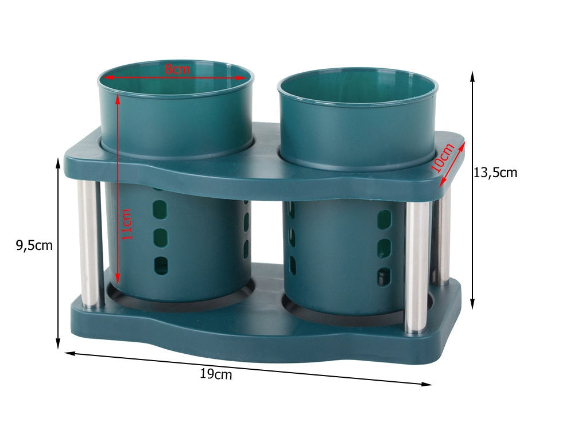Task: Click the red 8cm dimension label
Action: click(177, 69)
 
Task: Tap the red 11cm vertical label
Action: click(126, 225)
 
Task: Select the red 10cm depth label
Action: click(443, 158)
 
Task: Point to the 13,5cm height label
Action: click(495, 172)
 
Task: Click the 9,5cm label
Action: click(34, 245)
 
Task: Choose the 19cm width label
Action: click(216, 374)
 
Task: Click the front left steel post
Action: click(88, 243)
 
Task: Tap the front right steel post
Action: click(417, 267)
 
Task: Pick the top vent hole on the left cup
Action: click(160, 209)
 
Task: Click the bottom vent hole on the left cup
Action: click(161, 266)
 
